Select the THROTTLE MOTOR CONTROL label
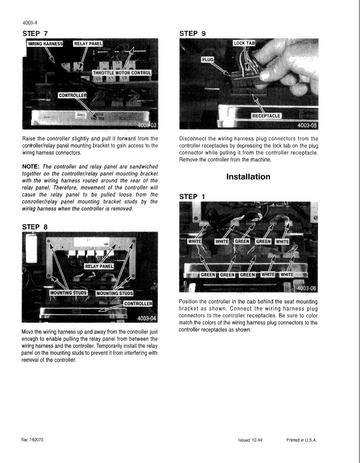point(122,73)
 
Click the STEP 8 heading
point(34,227)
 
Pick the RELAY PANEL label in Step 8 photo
point(99,266)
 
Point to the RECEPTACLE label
point(266,115)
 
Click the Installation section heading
point(248,177)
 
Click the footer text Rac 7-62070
point(34,440)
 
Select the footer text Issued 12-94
point(250,440)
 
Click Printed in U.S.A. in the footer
point(302,440)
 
